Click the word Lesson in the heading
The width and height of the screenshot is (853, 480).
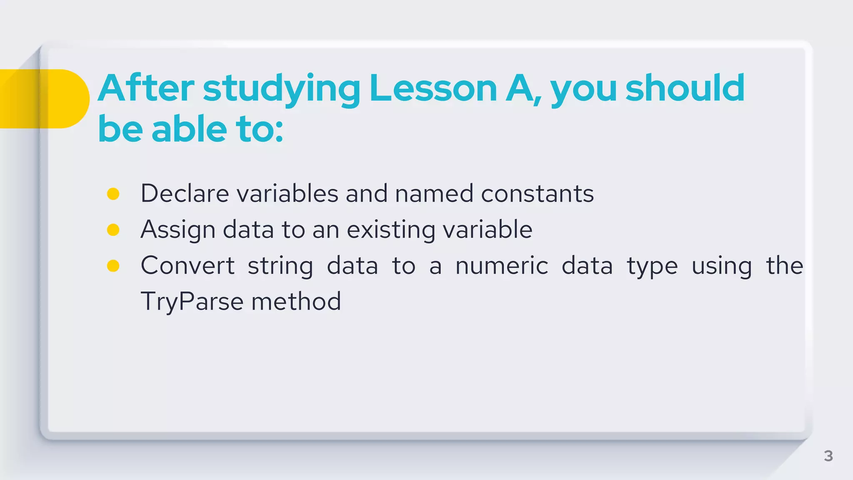click(x=433, y=88)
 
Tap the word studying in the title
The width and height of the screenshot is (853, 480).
click(x=282, y=89)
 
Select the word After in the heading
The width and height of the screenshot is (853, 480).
click(x=146, y=88)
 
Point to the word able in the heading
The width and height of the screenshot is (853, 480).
click(x=190, y=129)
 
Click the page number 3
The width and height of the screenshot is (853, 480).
click(x=828, y=456)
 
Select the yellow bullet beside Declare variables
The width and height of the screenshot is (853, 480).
click(x=113, y=194)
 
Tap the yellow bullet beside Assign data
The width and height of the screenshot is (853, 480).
click(x=113, y=230)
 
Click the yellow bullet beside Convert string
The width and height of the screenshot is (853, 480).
click(x=113, y=266)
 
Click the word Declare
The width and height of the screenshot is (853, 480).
click(x=185, y=193)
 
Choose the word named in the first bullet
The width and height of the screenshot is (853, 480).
click(x=434, y=193)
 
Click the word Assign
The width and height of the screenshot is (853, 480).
click(x=178, y=230)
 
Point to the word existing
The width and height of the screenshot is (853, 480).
click(x=391, y=230)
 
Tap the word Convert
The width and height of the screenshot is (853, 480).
click(x=187, y=266)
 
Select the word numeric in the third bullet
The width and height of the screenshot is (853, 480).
click(x=501, y=266)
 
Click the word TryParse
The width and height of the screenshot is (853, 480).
click(x=192, y=302)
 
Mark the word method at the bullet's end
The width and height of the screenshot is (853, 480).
click(x=296, y=302)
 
